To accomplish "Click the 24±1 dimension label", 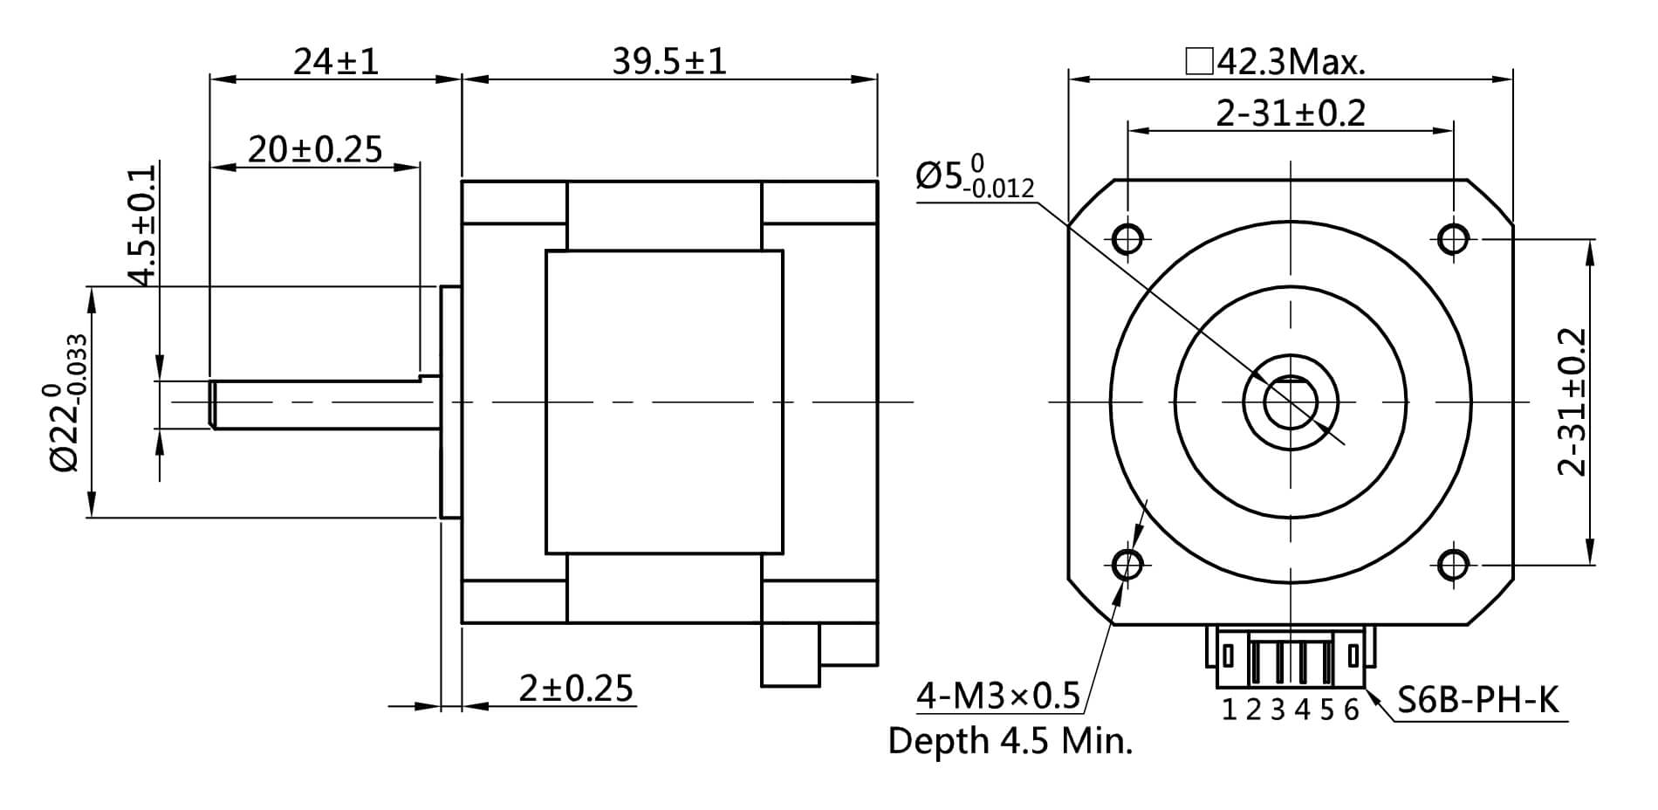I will (x=336, y=62).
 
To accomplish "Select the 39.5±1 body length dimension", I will (x=668, y=62).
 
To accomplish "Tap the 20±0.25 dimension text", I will (x=315, y=150).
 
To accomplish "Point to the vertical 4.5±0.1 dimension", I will (x=142, y=225).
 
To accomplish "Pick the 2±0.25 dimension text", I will (x=575, y=689).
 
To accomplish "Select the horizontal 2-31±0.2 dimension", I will (x=1291, y=113).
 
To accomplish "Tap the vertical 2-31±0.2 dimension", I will (x=1572, y=402).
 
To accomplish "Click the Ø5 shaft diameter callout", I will (x=974, y=176).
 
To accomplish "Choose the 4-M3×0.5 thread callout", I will (x=998, y=696).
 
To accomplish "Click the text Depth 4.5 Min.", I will (x=1010, y=741).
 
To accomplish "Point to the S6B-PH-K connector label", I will (x=1477, y=700).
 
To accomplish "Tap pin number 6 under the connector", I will (x=1351, y=710).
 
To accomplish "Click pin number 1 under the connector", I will (x=1229, y=710).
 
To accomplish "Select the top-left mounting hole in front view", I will (x=1128, y=237).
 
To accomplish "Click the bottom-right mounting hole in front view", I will (x=1452, y=566).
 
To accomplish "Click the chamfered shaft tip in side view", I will (x=212, y=404).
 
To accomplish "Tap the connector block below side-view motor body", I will (x=791, y=655).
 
